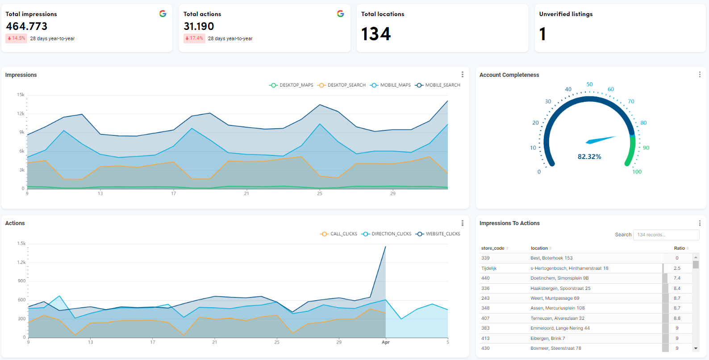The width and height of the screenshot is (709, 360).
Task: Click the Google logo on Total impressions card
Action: coord(163,14)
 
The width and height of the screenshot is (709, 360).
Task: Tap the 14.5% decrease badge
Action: coord(17,38)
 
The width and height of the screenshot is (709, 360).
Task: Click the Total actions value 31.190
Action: coord(199,26)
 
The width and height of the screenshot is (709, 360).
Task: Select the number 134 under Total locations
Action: coord(376,34)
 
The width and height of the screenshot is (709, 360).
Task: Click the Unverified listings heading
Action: coord(566,14)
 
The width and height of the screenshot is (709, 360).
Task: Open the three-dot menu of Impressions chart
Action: coord(462,75)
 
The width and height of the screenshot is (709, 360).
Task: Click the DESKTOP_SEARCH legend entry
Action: coord(342,85)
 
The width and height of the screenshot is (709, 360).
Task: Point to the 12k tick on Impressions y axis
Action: coord(21,113)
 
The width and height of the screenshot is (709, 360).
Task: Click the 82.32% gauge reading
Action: coord(589,157)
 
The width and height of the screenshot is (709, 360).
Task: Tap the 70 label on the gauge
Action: coord(631,101)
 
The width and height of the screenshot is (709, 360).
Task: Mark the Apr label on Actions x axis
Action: coord(386,343)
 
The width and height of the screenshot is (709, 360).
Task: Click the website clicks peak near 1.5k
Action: coord(385,247)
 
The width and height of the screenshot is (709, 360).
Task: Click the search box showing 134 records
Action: coord(666,235)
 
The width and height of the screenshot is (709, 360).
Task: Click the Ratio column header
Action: coord(679,248)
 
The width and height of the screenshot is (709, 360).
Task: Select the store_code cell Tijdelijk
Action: coord(489,268)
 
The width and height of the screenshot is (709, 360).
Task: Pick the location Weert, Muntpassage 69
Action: coord(555,298)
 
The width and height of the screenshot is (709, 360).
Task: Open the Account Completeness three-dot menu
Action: coord(699,75)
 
